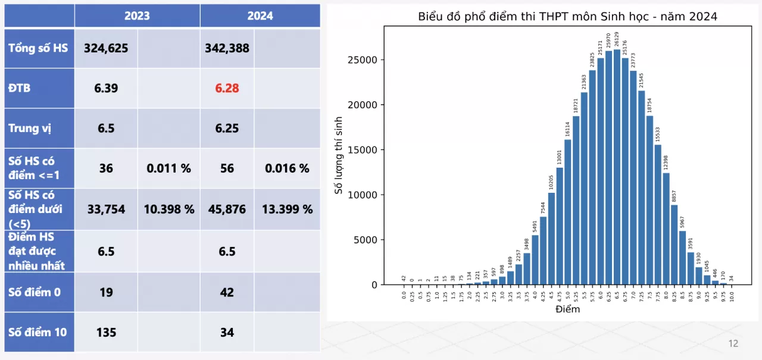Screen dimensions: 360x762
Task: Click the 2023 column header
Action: coord(137,16)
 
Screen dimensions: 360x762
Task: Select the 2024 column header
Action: coord(260,16)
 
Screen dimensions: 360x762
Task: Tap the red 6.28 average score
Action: coord(227,88)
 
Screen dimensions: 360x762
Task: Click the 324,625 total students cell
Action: coord(106,48)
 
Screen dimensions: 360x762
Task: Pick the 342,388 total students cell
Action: coord(227,48)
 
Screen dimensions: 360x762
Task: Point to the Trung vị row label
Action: coord(27,128)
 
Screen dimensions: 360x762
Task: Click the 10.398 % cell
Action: coord(169,209)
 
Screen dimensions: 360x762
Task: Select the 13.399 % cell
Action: coord(287,209)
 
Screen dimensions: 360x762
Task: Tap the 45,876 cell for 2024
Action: coord(227,209)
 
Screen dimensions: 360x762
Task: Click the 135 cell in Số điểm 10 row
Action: coord(106,332)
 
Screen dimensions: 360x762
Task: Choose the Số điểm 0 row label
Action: coord(35,292)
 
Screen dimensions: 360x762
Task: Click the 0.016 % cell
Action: coord(287,168)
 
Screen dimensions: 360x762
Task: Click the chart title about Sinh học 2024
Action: coord(567,17)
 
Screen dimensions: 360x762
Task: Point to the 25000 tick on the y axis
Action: coord(363,60)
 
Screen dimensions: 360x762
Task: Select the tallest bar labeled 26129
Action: coord(617,167)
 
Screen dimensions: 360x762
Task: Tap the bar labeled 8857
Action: coord(674,245)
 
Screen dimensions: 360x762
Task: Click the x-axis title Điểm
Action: coord(567,309)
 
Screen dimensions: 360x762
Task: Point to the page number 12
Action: coord(733,343)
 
